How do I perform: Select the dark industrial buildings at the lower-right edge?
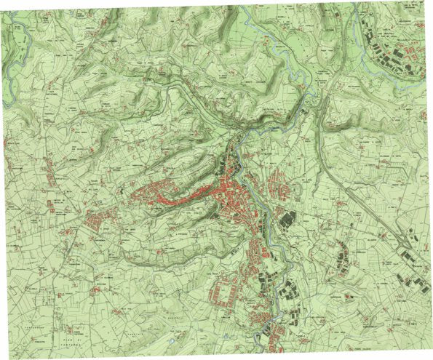point(411,280)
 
